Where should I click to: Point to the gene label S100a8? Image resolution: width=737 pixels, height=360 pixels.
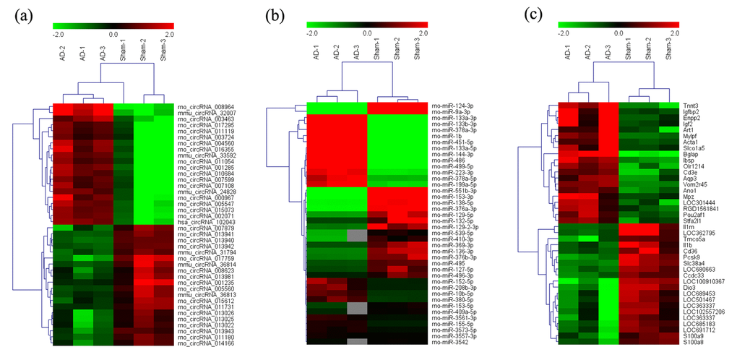pos(691,342)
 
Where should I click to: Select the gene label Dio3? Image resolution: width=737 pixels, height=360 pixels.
pos(688,288)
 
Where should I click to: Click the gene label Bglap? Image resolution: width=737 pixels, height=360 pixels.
pos(690,154)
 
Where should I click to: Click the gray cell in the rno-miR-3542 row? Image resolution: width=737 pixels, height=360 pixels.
pos(354,341)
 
